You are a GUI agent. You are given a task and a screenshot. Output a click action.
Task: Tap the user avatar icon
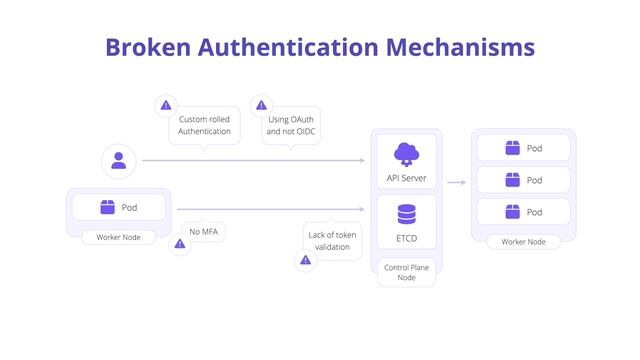point(119,160)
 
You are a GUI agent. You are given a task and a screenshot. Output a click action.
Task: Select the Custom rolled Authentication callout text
point(204,125)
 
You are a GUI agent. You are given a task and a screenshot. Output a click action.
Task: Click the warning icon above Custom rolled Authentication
point(166,105)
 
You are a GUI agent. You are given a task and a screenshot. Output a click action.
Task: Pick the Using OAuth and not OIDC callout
point(291,125)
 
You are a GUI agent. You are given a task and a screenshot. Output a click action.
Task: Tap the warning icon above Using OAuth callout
point(262,105)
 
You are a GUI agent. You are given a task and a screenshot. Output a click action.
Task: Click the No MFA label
point(203,231)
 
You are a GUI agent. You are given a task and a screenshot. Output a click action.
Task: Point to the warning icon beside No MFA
point(180,243)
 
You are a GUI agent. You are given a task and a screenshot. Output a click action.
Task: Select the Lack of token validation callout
point(332,240)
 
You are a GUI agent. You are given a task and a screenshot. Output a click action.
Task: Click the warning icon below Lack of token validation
point(306,260)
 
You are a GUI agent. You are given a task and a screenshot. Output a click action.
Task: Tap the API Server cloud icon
point(406,153)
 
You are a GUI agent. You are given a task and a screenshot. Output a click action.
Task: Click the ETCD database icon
point(406,214)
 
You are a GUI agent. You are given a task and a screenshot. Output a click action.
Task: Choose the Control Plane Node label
point(406,272)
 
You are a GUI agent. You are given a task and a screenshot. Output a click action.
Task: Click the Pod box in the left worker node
point(119,207)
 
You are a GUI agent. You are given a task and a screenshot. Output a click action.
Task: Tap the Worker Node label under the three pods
point(523,242)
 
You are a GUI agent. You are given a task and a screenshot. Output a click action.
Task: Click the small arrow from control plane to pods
point(457,183)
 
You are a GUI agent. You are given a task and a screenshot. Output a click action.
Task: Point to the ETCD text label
point(406,239)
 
